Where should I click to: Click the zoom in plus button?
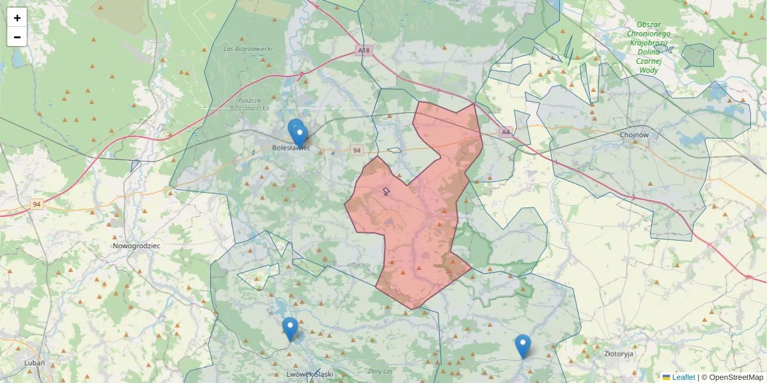[x=17, y=18]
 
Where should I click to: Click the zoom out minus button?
[x=17, y=37]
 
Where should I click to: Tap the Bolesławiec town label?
[x=291, y=147]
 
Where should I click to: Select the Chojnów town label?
[x=634, y=135]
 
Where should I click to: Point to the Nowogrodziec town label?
[x=136, y=245]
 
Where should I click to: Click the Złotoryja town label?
[x=618, y=352]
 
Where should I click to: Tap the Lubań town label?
[x=34, y=363]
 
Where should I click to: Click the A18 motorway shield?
[x=364, y=50]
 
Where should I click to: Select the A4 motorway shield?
[x=506, y=132]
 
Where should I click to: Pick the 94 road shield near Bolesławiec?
[x=357, y=150]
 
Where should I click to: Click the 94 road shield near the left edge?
[x=37, y=204]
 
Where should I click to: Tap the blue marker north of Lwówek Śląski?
[x=290, y=328]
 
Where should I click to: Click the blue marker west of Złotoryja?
[x=523, y=345]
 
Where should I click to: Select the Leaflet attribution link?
[x=683, y=377]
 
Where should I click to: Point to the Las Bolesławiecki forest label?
[x=249, y=49]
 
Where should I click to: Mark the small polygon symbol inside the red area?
[x=386, y=191]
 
